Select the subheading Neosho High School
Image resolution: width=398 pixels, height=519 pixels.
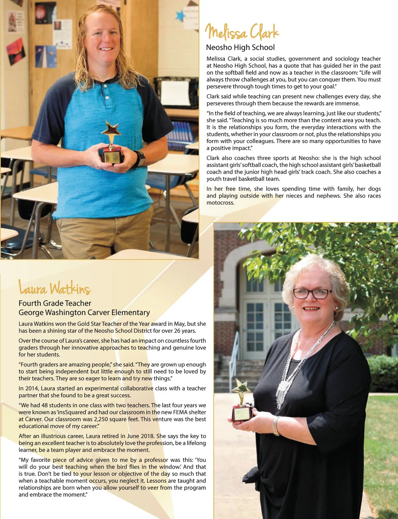point(240,47)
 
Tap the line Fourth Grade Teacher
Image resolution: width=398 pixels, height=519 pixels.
point(55,303)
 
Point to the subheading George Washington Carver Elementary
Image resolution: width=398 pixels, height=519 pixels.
point(84,312)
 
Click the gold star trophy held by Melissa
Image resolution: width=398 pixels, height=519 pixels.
point(112,143)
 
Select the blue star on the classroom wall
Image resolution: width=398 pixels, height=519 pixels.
point(180,15)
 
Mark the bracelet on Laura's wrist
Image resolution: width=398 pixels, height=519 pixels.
point(276,426)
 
